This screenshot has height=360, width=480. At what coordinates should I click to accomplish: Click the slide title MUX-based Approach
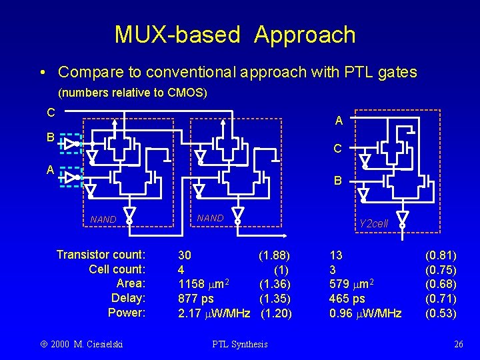(x=235, y=34)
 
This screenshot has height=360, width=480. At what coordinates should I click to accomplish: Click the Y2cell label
(x=373, y=224)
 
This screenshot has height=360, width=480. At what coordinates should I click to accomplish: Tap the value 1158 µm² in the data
(x=203, y=284)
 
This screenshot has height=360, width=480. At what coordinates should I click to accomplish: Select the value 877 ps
(x=196, y=299)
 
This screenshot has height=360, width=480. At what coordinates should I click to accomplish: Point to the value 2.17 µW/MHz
(x=214, y=313)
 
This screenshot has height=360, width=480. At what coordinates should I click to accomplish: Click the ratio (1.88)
(x=275, y=255)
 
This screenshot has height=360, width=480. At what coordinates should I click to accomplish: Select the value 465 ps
(x=347, y=299)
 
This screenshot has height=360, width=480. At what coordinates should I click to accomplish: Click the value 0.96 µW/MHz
(x=365, y=313)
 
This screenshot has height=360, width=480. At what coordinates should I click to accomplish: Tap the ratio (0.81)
(x=441, y=255)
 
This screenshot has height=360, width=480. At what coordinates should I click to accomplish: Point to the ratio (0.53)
(x=441, y=313)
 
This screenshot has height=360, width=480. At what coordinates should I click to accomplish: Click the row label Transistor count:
(x=101, y=255)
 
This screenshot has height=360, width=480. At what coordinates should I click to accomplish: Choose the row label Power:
(x=127, y=313)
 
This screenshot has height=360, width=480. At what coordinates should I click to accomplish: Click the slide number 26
(x=458, y=344)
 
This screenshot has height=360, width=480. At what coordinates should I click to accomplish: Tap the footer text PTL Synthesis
(x=239, y=344)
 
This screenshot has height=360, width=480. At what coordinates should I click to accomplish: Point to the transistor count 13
(x=336, y=255)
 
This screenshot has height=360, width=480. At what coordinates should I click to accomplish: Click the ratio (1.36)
(x=275, y=284)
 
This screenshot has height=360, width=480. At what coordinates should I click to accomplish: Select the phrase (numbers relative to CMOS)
(x=133, y=93)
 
